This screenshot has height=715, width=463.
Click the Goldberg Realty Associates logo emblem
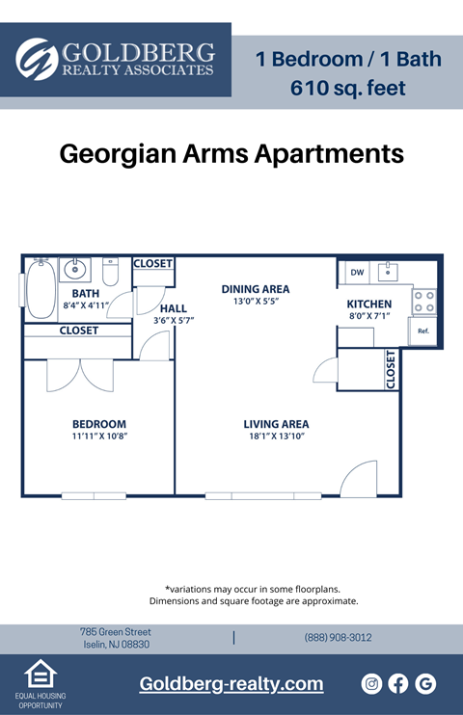37,59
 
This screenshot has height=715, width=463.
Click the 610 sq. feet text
348,89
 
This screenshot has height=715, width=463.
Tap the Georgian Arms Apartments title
231,154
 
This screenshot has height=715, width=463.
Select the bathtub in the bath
40,289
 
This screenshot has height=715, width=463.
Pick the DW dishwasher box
357,273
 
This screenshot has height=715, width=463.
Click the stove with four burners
424,301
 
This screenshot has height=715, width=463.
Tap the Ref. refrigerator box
422,331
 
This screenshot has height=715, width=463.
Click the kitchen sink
389,272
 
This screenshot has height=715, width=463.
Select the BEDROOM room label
99,424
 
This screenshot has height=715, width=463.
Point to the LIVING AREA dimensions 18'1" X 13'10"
276,437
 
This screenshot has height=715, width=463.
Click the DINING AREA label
256,289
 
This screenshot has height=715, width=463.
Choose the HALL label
174,308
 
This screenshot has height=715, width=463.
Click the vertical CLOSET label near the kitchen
391,369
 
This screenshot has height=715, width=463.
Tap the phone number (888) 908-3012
338,638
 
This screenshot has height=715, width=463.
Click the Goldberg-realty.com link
231,684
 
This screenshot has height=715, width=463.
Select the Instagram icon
371,683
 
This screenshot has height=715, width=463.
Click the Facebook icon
398,683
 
